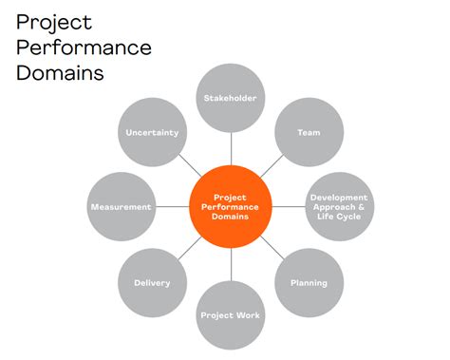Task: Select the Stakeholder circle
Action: (x=231, y=97)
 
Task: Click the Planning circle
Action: (x=309, y=282)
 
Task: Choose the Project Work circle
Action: (x=231, y=314)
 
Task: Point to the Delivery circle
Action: (x=153, y=282)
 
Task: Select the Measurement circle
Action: (x=121, y=207)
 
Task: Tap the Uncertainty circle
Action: (x=153, y=133)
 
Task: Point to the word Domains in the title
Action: (x=59, y=72)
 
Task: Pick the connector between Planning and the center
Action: (x=272, y=247)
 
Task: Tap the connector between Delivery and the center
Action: (x=190, y=247)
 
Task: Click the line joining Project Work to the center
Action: (x=231, y=265)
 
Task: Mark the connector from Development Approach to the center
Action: (x=289, y=207)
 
